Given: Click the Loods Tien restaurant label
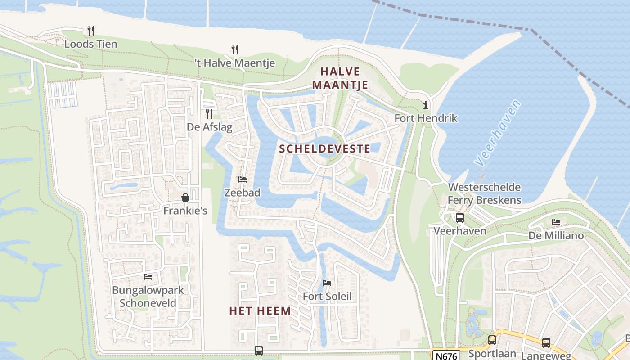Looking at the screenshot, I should (90, 44).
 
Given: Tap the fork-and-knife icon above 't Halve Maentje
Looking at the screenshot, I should (234, 49).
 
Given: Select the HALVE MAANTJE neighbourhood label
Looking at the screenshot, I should (340, 78).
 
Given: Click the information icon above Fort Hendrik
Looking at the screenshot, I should (425, 105).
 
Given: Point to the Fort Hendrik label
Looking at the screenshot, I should (426, 118).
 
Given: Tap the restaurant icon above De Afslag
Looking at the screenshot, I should (209, 113).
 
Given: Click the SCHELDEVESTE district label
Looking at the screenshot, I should (324, 148).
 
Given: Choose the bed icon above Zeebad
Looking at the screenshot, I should (243, 180).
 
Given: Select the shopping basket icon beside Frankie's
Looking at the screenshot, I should (185, 198).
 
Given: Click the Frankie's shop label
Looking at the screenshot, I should (185, 210).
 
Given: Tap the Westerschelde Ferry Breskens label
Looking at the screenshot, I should (484, 193).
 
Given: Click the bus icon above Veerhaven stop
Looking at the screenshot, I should (459, 218).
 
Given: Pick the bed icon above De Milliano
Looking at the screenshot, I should (556, 222).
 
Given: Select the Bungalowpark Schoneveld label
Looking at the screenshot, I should (148, 296).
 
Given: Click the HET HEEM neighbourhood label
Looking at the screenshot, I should (260, 310).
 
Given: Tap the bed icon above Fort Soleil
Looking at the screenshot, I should (327, 283).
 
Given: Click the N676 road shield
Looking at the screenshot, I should (446, 356).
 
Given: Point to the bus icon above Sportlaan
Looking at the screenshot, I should (492, 340).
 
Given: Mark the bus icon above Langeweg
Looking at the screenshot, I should (546, 342).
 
